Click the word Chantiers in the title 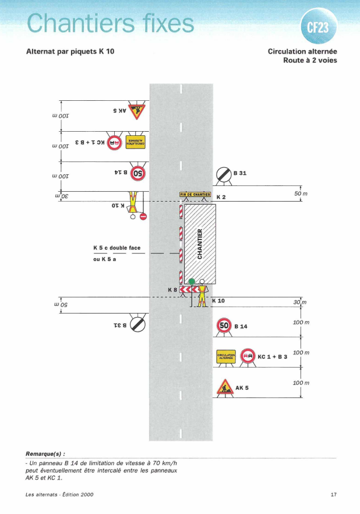78,23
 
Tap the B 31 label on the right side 240,173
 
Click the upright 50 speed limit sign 224,325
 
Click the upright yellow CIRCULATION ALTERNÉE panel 225,356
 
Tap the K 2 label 221,198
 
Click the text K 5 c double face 117,248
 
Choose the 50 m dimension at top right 301,193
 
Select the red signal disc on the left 143,217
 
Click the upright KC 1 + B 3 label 273,356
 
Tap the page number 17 334,495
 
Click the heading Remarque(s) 45,453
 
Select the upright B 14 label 240,326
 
